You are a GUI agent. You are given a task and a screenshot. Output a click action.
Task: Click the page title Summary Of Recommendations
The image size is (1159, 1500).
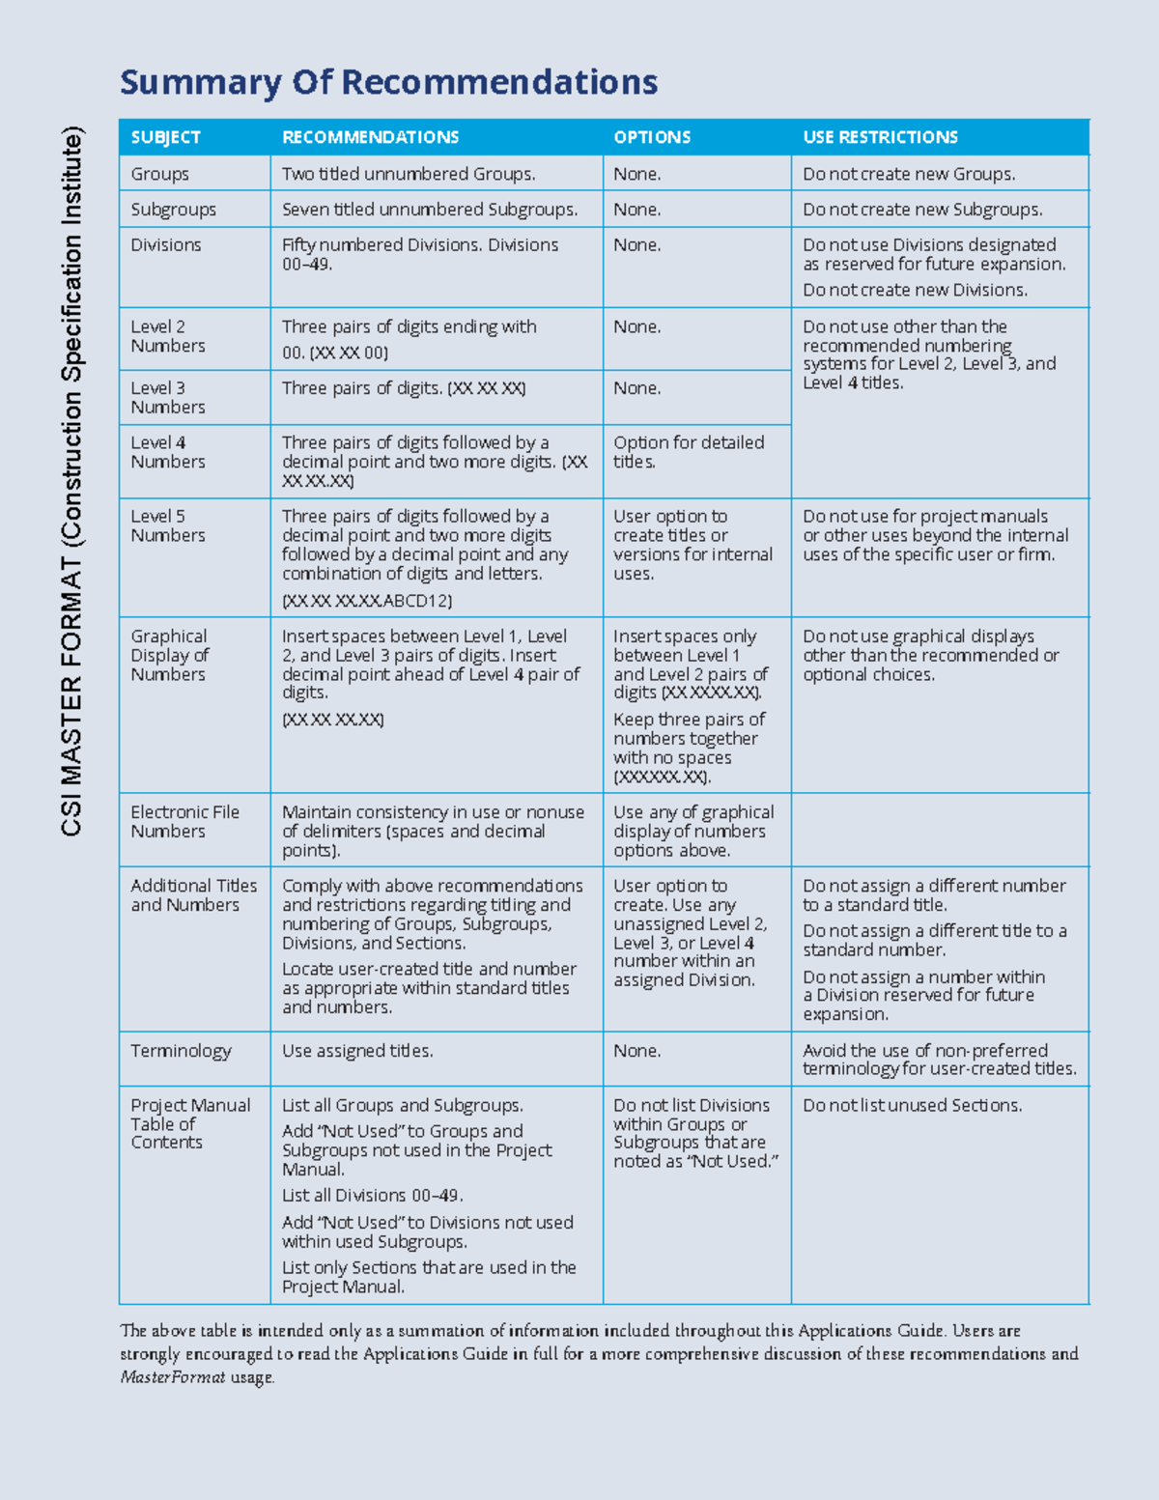388,82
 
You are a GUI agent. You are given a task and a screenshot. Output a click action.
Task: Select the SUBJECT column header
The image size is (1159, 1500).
165,137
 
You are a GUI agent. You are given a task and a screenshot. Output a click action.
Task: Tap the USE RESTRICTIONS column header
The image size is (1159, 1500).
880,137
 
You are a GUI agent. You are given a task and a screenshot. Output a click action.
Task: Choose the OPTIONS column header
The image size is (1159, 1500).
652,137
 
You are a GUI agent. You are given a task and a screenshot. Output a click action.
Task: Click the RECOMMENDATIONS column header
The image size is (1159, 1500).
370,137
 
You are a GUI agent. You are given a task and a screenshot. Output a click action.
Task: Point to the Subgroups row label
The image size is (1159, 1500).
173,210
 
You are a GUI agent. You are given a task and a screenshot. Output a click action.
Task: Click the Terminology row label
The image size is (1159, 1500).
181,1051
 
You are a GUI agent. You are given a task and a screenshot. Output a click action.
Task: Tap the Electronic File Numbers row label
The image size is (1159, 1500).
184,821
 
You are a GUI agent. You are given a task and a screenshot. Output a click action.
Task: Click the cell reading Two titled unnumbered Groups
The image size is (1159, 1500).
409,174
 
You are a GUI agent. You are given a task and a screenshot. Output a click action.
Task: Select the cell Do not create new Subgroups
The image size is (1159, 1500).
921,210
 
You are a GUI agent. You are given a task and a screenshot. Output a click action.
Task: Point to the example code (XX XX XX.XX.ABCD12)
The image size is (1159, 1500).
367,601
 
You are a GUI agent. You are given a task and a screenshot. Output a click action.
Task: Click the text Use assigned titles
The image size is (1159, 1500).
357,1051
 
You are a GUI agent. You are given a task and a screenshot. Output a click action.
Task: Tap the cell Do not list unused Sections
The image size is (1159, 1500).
912,1105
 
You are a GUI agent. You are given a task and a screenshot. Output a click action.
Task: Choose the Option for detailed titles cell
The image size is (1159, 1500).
688,452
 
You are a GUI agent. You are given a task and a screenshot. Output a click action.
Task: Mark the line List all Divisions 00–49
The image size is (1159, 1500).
372,1196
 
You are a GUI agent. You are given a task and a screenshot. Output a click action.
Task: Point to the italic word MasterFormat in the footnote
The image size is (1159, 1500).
172,1377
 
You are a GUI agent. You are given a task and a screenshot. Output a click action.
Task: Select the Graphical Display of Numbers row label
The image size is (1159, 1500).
169,655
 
